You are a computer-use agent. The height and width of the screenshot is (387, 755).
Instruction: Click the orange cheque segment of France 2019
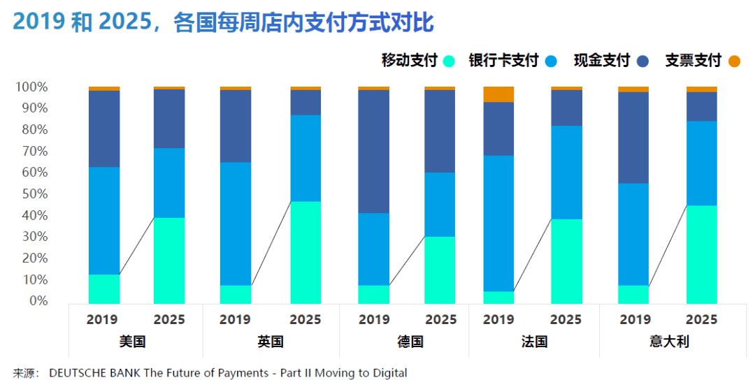pos(498,94)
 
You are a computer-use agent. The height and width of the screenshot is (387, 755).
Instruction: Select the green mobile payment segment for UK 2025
pos(305,252)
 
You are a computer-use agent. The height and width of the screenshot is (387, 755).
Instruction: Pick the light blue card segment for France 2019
pos(498,223)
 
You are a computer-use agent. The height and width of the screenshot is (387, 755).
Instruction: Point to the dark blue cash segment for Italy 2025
pos(701,106)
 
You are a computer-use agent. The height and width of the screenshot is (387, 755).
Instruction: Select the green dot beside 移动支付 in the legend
pos(449,61)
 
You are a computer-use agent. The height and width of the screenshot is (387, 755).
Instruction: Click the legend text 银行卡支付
pos(503,61)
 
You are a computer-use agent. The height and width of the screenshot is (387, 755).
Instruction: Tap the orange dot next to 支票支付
pos(733,61)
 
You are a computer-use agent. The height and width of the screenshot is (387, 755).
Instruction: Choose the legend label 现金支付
pos(602,61)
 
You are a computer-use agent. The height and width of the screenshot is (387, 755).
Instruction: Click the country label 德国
pos(410,342)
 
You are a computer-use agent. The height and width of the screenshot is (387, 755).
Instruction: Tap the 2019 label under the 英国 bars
pos(235,320)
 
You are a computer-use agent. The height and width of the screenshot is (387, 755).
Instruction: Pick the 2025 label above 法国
pos(566,320)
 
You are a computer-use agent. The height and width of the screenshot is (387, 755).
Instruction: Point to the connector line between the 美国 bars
pos(137,246)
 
